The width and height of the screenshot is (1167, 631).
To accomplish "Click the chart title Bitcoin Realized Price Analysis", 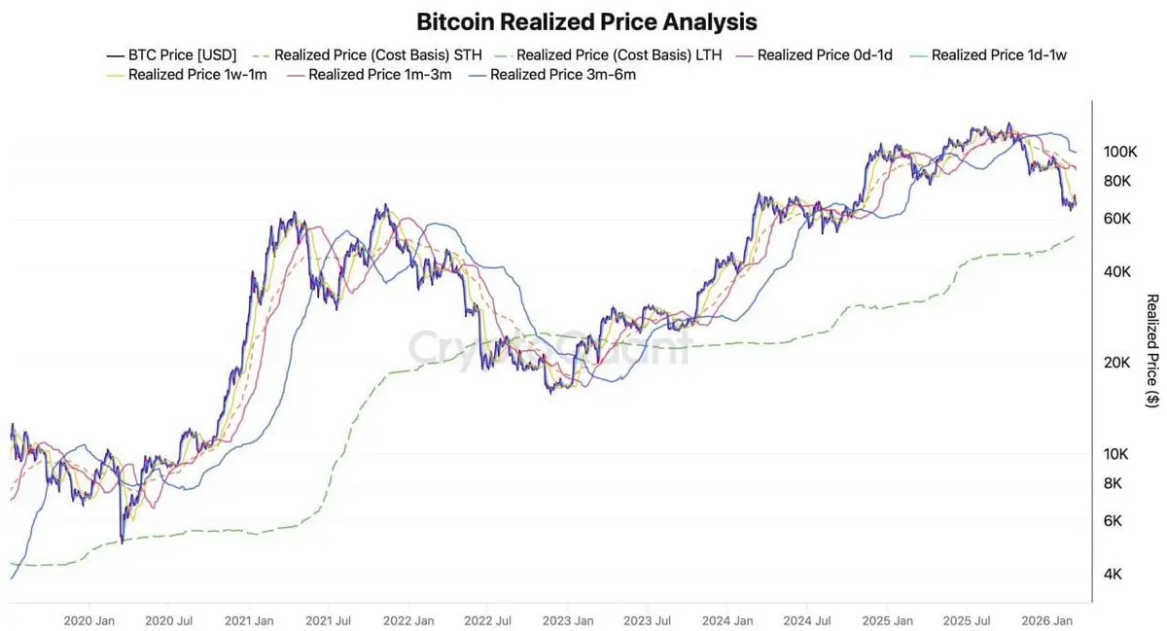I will coord(586,21).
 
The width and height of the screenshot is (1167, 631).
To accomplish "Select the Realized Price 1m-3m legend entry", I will coord(372,75).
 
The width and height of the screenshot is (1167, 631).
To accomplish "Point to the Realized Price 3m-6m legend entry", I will coord(554,75).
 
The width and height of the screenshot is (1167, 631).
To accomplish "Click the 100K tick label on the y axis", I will coord(1120,152).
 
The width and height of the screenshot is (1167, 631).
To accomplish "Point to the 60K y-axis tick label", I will coord(1117,219).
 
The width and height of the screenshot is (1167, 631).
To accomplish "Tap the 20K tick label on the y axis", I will coord(1117,363).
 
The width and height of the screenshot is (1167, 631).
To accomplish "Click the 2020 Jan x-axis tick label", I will coord(89,620).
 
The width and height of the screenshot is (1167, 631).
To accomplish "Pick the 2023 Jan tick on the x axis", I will coord(569,620).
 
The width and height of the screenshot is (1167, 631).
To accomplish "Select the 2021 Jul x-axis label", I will coord(330,620).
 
